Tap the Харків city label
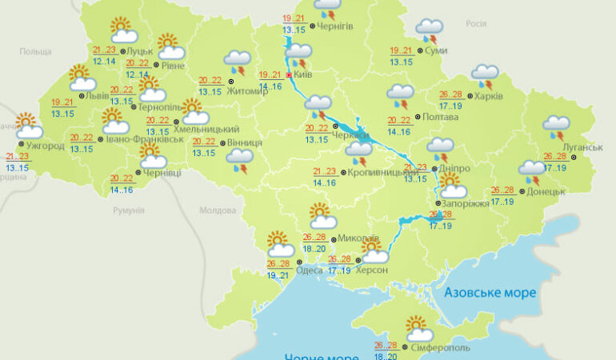click(488, 97)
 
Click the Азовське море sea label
click(490, 293)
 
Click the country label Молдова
click(218, 210)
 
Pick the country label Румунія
click(129, 210)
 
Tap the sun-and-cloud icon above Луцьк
click(122, 30)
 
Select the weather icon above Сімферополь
click(418, 329)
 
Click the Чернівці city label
click(162, 173)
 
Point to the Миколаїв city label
click(358, 238)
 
